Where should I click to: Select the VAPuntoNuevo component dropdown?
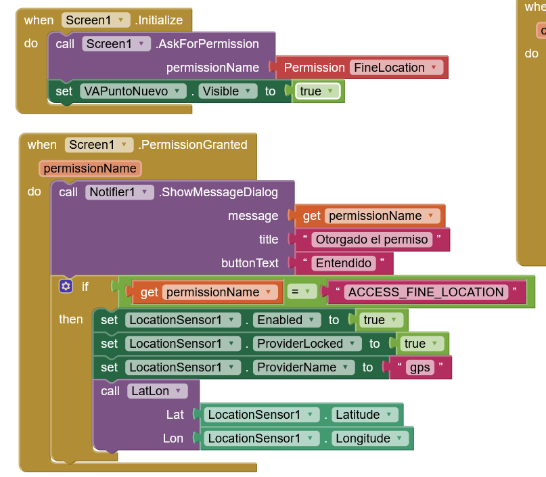[x=133, y=91]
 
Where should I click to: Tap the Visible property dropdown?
[x=229, y=91]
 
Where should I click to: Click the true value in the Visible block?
[x=317, y=91]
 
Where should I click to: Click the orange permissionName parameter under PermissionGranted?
[x=90, y=168]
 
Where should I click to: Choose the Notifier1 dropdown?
[x=119, y=192]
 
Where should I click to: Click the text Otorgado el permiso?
[x=372, y=240]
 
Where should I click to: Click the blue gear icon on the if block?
[x=66, y=286]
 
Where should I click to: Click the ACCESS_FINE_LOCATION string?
[x=426, y=292]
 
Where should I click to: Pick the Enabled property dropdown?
[x=288, y=320]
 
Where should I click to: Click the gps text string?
[x=420, y=367]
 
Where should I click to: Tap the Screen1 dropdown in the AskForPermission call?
[x=116, y=44]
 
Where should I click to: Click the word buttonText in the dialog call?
[x=250, y=263]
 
